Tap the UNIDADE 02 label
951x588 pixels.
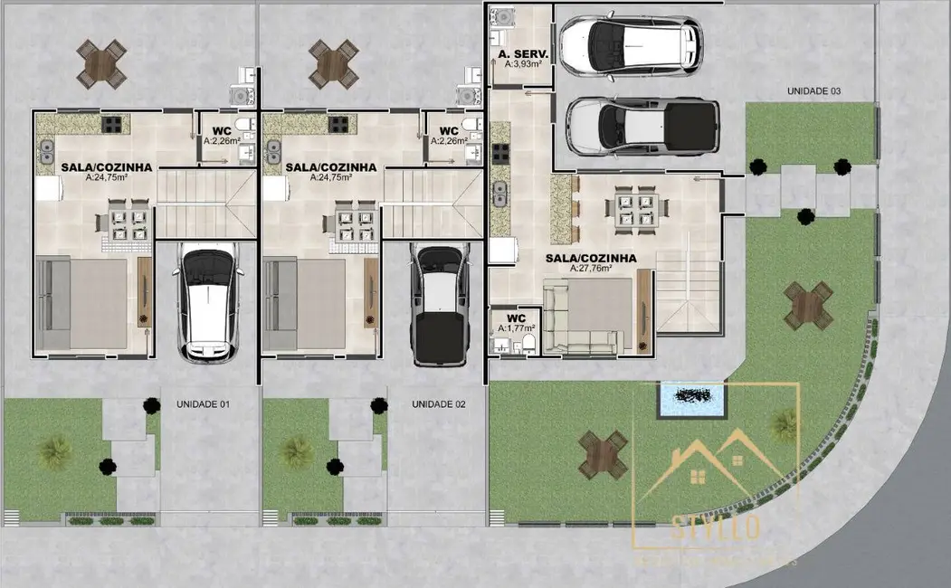(438, 403)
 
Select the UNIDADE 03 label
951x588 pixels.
(813, 91)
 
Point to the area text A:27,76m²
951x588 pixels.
(591, 269)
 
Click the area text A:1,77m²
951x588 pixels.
(516, 328)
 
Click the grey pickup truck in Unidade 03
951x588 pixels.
(642, 128)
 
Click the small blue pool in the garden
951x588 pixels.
(692, 399)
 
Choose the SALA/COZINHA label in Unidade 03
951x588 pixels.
(591, 258)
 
